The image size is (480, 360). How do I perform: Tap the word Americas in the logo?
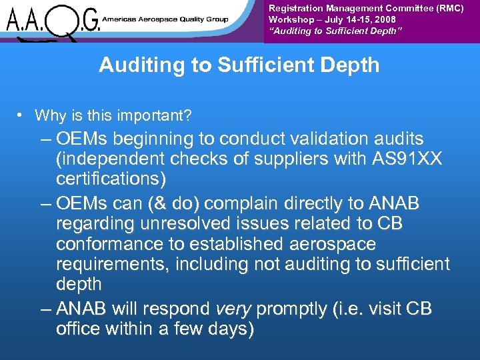click(x=119, y=19)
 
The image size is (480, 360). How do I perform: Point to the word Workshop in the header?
click(x=288, y=20)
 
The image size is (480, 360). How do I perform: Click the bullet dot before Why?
click(x=21, y=115)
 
